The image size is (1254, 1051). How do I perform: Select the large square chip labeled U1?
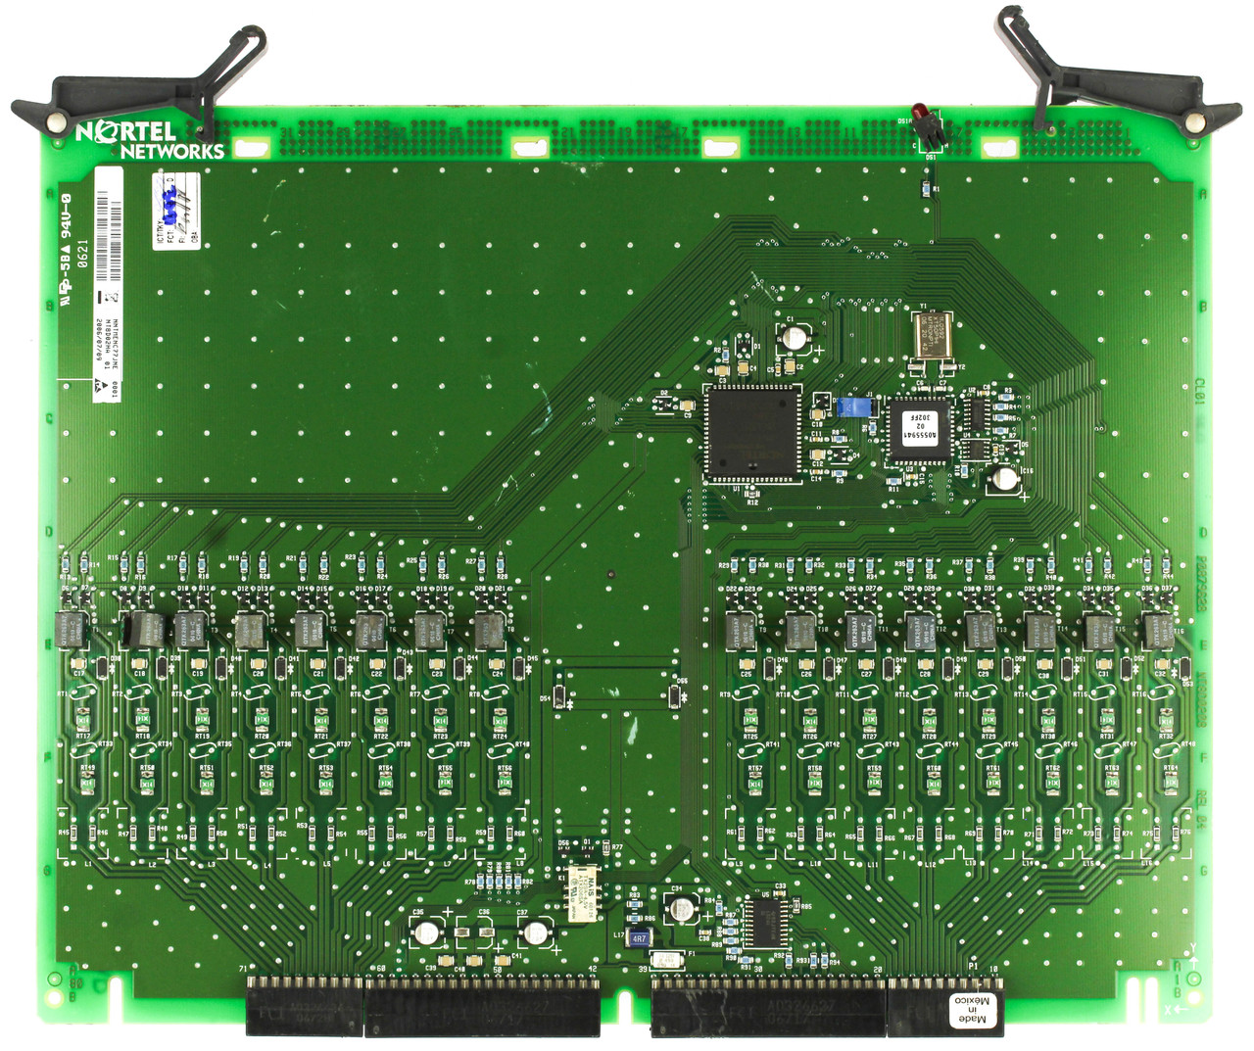(x=752, y=432)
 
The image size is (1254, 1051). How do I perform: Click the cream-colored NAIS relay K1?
(x=584, y=893)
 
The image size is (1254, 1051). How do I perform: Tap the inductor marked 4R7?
(x=639, y=937)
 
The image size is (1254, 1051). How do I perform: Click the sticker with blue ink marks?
(x=177, y=210)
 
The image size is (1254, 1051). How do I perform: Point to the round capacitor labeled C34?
(x=680, y=909)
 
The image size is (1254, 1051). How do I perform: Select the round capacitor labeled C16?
(x=1005, y=478)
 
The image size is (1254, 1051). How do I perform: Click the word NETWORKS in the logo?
(x=172, y=151)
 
